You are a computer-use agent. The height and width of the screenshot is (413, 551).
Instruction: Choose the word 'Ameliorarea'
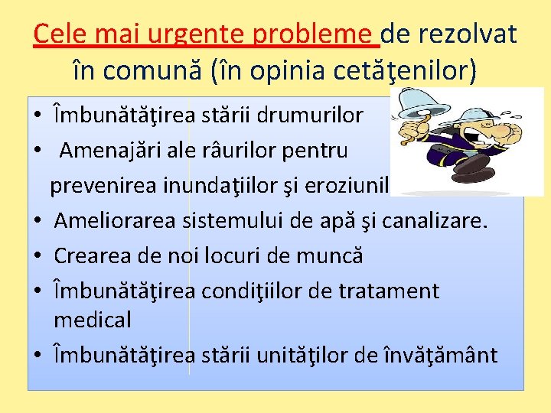(116, 221)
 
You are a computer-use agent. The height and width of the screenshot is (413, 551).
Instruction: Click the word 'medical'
(93, 319)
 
